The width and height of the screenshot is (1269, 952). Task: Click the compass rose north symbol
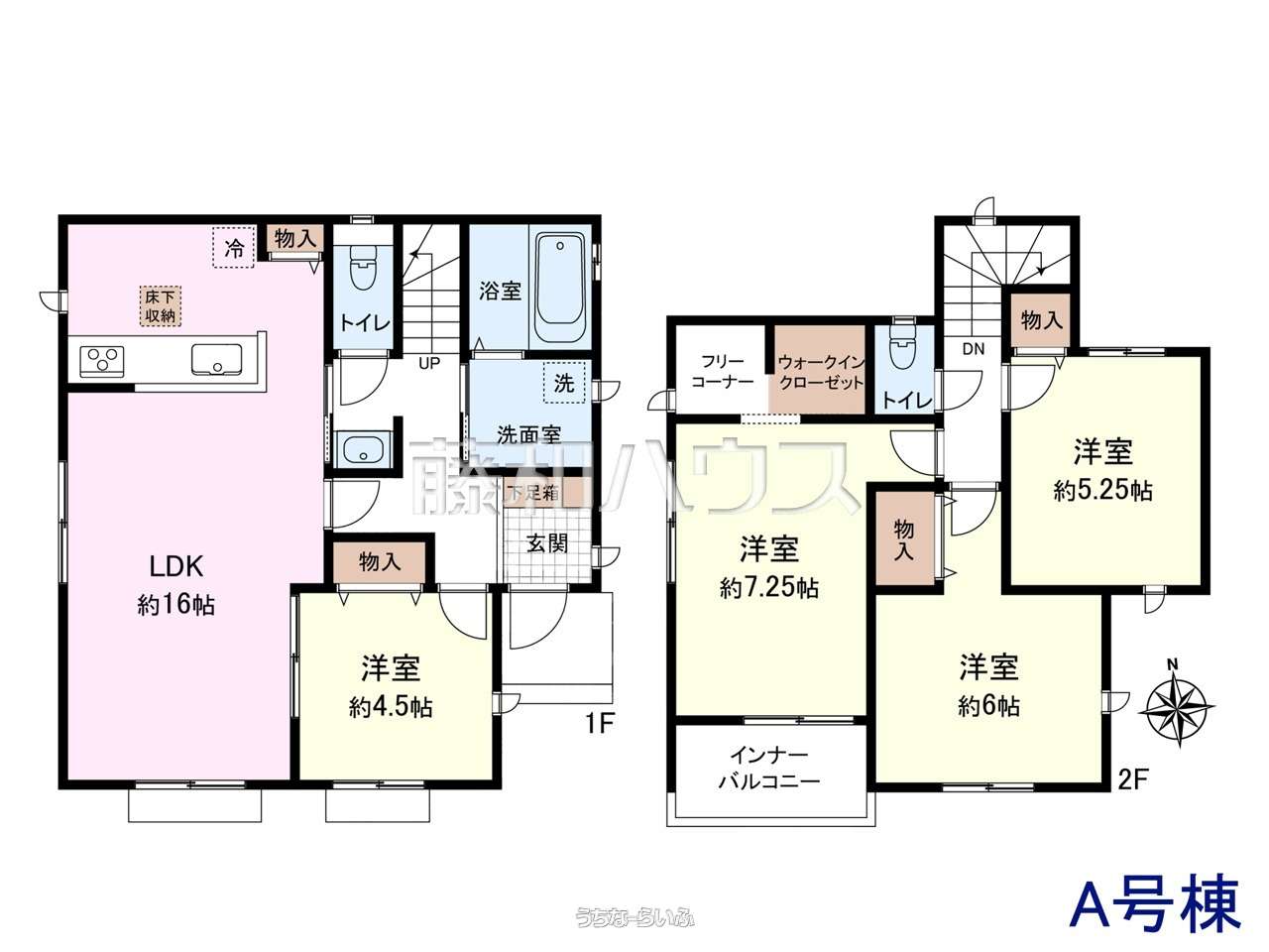coord(1178,709)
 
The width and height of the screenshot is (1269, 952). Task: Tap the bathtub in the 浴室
coord(559,288)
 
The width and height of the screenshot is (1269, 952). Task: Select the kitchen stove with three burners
coord(102,361)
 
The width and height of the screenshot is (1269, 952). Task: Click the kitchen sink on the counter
coord(217,360)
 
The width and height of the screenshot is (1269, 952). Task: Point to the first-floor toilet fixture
coord(363,270)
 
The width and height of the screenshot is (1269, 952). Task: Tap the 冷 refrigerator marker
coord(234,247)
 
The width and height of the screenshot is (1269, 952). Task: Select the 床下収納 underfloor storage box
coord(161,306)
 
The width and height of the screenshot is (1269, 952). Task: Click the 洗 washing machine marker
coord(564,383)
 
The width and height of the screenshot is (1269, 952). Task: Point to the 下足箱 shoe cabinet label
coord(533,494)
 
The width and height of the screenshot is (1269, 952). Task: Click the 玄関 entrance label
coord(547,543)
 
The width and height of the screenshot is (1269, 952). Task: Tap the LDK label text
coord(176,567)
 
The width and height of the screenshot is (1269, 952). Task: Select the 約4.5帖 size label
coord(391,707)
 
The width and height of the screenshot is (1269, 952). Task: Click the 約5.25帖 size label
coord(1103,491)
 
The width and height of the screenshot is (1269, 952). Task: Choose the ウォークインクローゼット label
coord(820,373)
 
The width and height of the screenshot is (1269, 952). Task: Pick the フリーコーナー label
coord(723,372)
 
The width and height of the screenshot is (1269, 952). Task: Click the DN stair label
coord(974,348)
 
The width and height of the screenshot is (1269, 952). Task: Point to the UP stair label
coord(429,363)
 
